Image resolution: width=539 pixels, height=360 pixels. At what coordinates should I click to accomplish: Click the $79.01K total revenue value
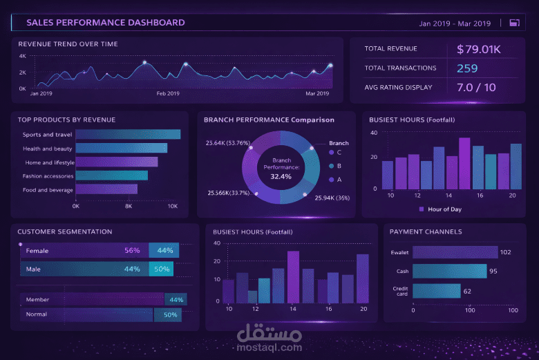click(x=478, y=50)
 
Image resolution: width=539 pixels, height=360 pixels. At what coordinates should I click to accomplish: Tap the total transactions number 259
click(x=467, y=68)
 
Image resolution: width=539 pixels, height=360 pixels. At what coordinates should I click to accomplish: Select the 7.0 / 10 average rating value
click(x=476, y=87)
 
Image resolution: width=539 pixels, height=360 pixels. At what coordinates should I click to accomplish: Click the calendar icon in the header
click(x=513, y=23)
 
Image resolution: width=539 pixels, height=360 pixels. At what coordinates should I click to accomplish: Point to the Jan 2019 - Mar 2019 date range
click(x=455, y=23)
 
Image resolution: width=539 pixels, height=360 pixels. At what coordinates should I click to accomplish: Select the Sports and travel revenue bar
click(x=128, y=135)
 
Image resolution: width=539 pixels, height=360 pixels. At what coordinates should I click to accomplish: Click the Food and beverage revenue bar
click(x=106, y=189)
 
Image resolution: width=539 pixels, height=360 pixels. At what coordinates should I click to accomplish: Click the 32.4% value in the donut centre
click(x=281, y=176)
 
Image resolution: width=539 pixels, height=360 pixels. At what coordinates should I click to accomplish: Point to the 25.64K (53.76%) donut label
click(x=227, y=143)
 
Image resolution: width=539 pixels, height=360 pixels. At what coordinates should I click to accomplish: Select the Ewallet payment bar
click(x=455, y=252)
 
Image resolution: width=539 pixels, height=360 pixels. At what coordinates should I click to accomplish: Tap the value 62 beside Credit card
click(x=467, y=292)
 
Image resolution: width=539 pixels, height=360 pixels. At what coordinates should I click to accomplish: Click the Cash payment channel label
click(x=402, y=272)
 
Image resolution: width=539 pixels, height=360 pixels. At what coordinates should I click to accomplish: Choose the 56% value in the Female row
click(x=132, y=250)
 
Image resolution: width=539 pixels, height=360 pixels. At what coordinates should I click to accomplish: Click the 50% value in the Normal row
click(x=171, y=315)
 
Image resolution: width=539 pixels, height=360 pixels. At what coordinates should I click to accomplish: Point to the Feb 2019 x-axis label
click(x=168, y=93)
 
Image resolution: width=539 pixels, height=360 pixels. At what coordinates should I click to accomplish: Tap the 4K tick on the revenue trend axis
click(x=22, y=56)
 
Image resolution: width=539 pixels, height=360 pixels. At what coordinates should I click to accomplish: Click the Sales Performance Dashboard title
click(x=106, y=23)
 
